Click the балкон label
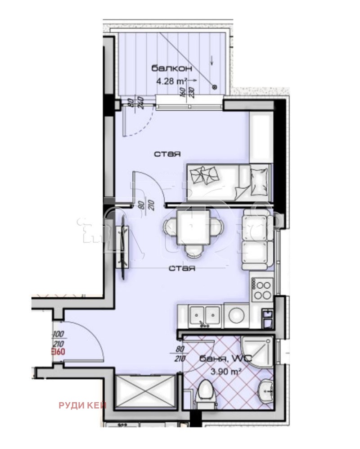point(171,68)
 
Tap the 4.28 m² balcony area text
point(171,81)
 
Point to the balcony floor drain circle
point(215,86)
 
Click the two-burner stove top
point(262,290)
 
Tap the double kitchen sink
point(205,315)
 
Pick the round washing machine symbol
point(235,316)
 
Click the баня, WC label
point(228,359)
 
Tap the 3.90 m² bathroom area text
point(227,372)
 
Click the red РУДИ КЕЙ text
point(82,405)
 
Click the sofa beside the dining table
point(257,241)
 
